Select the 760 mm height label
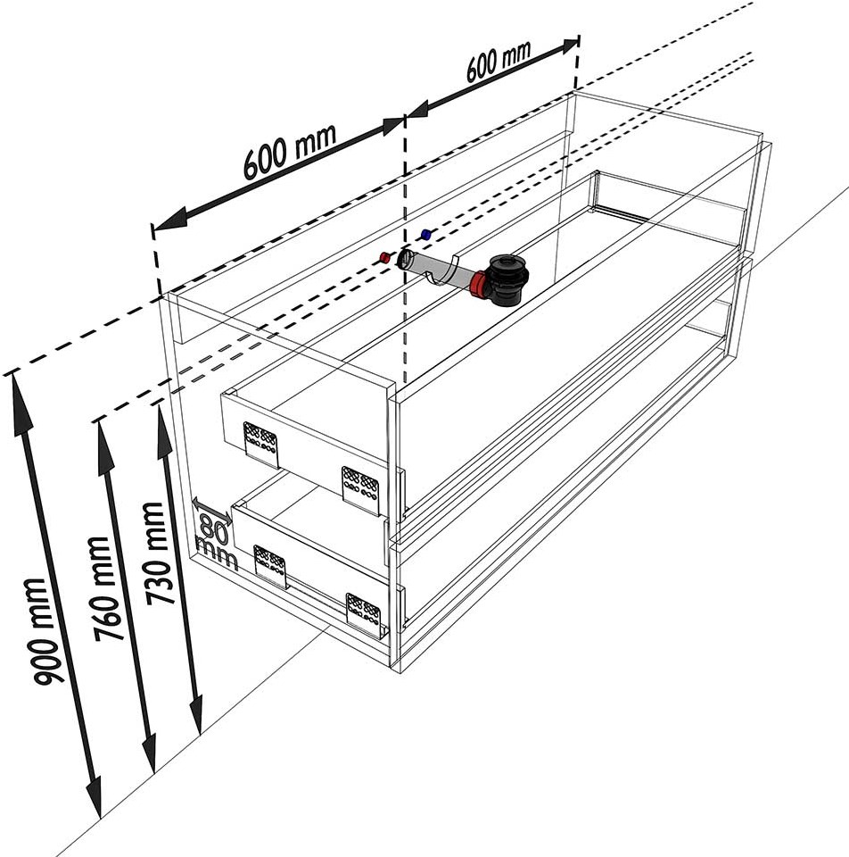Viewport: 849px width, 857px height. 103,588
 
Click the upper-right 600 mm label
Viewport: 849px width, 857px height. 498,61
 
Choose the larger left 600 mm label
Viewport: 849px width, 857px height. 289,152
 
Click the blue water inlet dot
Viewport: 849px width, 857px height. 426,235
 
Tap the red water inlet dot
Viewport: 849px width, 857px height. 384,256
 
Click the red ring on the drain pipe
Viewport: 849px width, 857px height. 477,284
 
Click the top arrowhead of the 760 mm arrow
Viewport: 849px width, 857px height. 103,446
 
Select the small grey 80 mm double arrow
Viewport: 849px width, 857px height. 212,511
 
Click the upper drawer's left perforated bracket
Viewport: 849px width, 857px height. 261,445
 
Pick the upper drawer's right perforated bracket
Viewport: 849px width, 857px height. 360,490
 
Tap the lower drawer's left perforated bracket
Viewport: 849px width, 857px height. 270,566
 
